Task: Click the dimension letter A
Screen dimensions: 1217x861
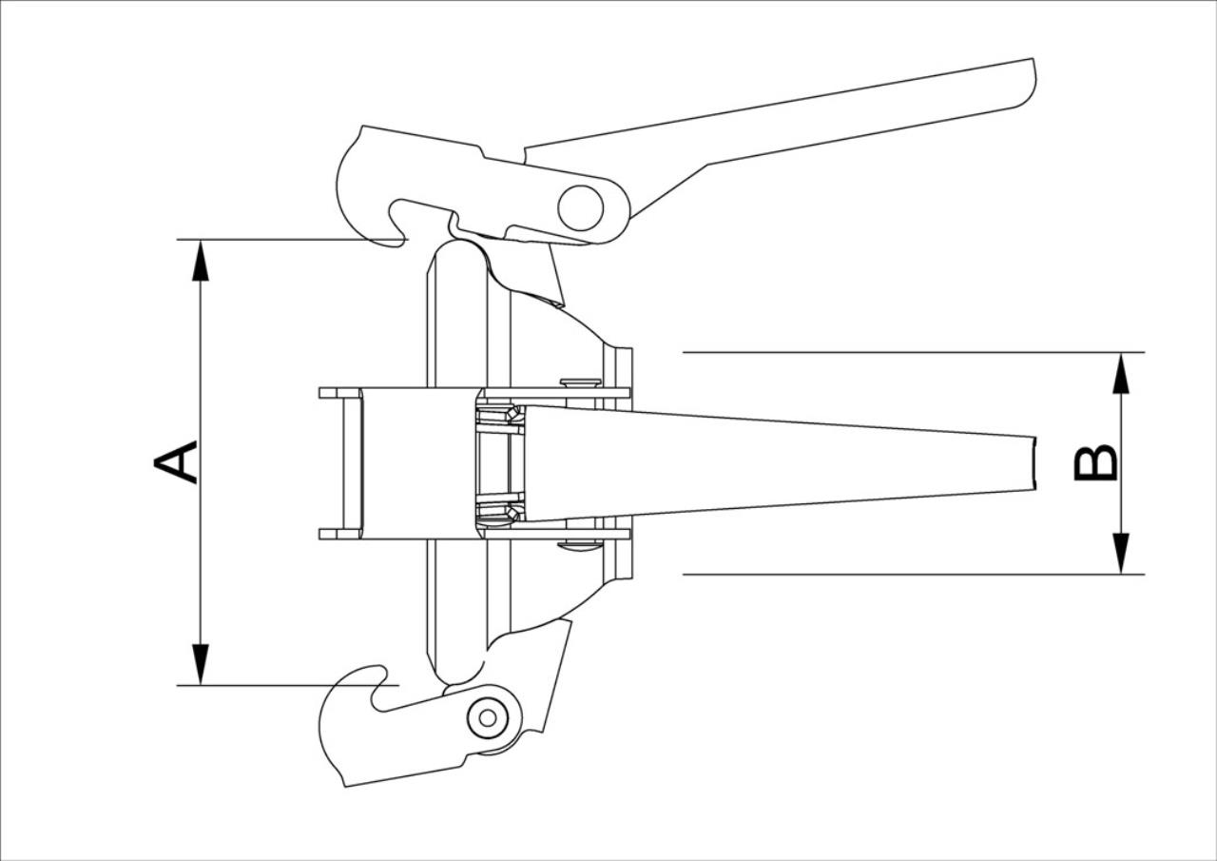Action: coord(176,462)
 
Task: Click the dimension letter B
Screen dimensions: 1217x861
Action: coord(1096,463)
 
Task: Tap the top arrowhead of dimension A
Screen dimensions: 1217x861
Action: coord(201,261)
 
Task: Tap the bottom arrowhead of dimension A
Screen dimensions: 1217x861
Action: coord(201,664)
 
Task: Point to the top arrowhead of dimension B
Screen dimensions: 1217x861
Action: coord(1121,373)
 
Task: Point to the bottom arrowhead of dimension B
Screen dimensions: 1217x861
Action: coord(1121,554)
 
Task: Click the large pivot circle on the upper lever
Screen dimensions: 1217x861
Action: coord(581,207)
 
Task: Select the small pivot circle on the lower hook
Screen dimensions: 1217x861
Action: coord(488,718)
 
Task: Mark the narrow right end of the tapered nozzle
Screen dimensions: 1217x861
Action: coord(1034,463)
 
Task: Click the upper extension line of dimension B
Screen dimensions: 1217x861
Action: coord(914,352)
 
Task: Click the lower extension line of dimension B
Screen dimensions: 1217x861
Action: coord(914,574)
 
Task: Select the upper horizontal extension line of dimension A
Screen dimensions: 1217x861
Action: coord(292,239)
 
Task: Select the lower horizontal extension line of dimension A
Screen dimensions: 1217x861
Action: coord(288,685)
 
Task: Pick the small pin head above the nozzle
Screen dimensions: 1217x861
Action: coord(581,382)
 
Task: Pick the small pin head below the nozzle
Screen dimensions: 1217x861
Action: coord(581,544)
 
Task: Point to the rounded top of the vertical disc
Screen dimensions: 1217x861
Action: coord(459,251)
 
